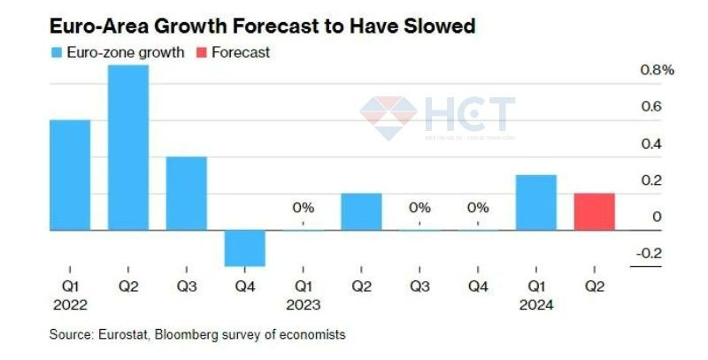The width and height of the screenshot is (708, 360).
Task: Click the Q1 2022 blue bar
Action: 70,174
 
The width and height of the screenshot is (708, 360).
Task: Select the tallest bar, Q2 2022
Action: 128,147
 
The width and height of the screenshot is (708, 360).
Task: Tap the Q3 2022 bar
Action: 187,193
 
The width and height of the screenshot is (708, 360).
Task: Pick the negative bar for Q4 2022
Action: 245,248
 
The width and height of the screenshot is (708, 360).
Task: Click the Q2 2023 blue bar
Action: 361,211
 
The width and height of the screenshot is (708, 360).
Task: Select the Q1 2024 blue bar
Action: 536,203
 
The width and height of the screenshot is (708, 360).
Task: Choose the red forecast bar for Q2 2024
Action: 595,211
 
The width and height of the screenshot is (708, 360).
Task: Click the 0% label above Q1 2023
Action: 303,208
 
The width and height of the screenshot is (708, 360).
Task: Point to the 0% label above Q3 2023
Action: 419,208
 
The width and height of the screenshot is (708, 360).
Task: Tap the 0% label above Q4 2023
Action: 478,208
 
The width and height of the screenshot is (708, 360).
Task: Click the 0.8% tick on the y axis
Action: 657,70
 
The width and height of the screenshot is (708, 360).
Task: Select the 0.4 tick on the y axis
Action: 651,144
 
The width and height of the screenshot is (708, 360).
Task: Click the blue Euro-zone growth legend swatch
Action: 56,52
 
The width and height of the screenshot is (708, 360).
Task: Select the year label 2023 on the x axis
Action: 303,305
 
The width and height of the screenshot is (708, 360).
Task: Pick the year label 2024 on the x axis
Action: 536,305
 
